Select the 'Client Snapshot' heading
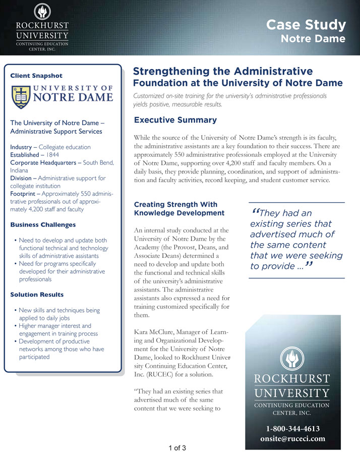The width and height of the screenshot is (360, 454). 36,76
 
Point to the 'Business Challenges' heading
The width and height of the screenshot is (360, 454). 43,224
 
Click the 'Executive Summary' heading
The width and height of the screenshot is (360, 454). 175,120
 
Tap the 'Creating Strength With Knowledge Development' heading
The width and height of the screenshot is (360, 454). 176,209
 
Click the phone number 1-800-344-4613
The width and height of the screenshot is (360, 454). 293,429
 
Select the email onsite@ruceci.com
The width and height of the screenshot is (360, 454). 293,439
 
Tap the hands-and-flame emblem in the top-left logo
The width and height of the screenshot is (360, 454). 41,11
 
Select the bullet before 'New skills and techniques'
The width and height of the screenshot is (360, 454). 16,310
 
